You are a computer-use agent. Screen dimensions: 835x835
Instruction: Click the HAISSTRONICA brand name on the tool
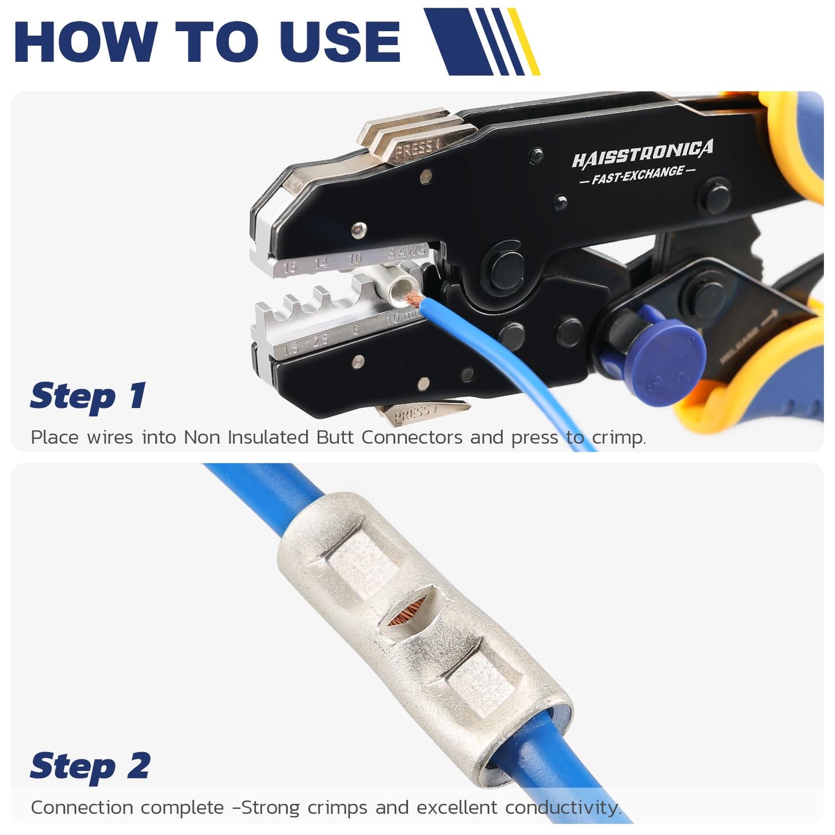pyautogui.click(x=642, y=153)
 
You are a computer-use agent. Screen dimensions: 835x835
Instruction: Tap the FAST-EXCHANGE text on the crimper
pyautogui.click(x=637, y=175)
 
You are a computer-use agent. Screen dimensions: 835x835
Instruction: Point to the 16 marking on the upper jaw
pyautogui.click(x=290, y=268)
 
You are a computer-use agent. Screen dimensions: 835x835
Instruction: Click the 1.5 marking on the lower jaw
pyautogui.click(x=290, y=347)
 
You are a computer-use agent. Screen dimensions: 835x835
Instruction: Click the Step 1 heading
pyautogui.click(x=88, y=396)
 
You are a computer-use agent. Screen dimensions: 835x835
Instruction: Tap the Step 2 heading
pyautogui.click(x=90, y=766)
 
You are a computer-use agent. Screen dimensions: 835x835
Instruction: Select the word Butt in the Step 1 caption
pyautogui.click(x=335, y=437)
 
